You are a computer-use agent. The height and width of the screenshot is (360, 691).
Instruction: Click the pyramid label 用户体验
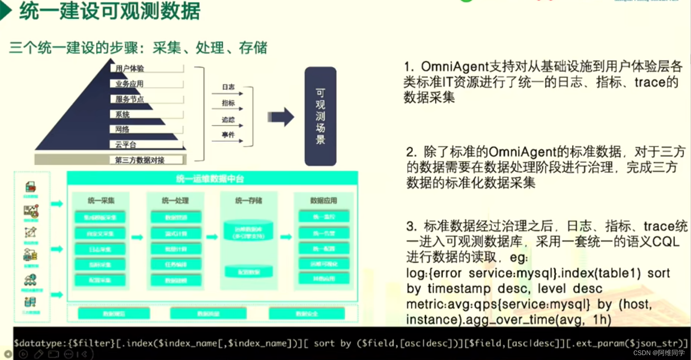(x=130, y=68)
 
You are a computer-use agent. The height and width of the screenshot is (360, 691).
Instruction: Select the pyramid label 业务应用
(x=129, y=84)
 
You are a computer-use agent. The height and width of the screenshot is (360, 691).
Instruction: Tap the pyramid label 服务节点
(x=129, y=99)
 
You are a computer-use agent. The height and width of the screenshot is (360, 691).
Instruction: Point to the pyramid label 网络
(x=122, y=129)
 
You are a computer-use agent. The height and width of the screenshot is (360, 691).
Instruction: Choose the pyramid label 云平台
(x=126, y=145)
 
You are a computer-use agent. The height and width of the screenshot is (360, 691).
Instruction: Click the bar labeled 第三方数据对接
(x=140, y=160)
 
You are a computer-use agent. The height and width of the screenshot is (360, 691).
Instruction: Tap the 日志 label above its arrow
(x=228, y=87)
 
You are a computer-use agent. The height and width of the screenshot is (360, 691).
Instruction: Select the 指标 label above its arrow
(x=228, y=103)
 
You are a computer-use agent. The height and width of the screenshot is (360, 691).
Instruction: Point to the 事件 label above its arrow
(x=228, y=135)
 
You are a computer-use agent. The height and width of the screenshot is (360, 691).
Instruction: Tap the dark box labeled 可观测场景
(x=320, y=117)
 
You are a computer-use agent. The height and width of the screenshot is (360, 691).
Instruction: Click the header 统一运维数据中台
(x=210, y=179)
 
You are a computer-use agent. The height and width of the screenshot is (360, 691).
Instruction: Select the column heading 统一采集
(x=101, y=201)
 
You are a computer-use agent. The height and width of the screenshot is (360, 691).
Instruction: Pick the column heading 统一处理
(x=175, y=201)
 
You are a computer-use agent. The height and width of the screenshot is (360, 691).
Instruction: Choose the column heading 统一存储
(x=248, y=201)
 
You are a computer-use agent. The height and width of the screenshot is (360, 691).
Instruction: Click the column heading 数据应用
(x=324, y=201)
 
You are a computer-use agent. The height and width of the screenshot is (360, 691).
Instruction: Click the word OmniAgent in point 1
(x=454, y=67)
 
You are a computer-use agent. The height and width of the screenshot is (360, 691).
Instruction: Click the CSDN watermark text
(x=659, y=353)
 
